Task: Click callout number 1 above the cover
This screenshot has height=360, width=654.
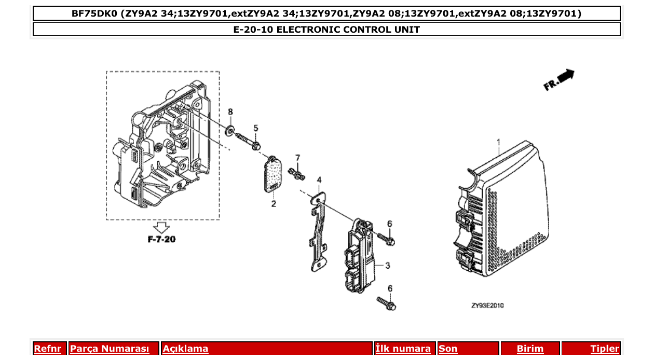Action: coord(498,142)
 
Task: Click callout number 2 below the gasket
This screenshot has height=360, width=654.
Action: coord(274,204)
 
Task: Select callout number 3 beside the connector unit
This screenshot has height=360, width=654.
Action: coord(387,266)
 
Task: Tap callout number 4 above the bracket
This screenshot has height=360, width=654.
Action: coord(319,180)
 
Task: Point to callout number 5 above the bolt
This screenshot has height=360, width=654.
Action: coord(255,128)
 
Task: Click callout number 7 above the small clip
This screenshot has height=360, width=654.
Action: coord(297,157)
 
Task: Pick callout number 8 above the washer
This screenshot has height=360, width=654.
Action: coord(230,112)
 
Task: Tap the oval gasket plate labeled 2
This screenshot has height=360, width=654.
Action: coord(272,175)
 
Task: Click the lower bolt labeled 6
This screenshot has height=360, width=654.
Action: coord(386,303)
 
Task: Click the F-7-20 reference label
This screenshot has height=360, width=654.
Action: coord(162,240)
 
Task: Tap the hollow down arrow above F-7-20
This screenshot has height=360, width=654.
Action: coord(162,227)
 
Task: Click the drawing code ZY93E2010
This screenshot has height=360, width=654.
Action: coord(487,306)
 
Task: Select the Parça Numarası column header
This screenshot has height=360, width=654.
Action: coord(110,349)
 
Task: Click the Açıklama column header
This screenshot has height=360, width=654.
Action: coord(185,349)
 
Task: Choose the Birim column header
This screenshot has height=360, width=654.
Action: coord(530,349)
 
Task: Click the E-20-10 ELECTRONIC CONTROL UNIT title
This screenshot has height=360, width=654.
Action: coord(326,30)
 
